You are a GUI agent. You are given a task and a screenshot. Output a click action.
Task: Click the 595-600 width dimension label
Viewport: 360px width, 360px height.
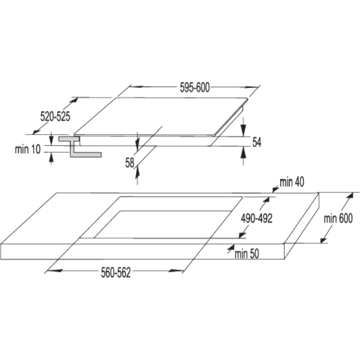click(x=195, y=88)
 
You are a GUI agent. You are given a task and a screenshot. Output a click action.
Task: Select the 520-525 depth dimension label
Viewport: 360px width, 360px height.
click(x=55, y=116)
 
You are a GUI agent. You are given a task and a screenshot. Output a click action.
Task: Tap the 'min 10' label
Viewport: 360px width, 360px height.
click(x=28, y=149)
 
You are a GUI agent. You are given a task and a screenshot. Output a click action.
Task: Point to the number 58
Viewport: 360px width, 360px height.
click(x=130, y=163)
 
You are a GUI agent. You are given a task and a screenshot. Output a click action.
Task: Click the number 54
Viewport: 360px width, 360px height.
click(x=257, y=142)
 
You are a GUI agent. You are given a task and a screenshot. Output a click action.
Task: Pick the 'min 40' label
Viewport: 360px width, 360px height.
click(x=292, y=182)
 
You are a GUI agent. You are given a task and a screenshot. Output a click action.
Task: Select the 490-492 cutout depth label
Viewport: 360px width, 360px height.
click(x=257, y=218)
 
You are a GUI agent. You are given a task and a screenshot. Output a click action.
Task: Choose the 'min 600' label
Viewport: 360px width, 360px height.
click(x=338, y=218)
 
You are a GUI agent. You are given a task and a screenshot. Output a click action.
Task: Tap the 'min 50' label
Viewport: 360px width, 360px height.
click(x=247, y=254)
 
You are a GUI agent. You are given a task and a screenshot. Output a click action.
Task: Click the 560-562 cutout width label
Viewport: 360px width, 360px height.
click(x=115, y=273)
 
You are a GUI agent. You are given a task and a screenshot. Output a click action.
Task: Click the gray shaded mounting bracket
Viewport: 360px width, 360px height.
click(x=76, y=147)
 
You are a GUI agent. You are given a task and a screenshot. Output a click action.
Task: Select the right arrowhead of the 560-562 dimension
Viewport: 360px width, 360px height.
click(x=176, y=271)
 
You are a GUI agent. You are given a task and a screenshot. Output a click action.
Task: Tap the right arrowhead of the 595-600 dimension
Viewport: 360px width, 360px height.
click(x=251, y=87)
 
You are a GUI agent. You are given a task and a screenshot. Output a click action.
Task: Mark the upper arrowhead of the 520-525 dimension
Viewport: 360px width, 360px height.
click(x=75, y=100)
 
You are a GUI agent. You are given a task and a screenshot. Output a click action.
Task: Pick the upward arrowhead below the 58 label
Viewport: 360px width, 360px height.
click(x=137, y=172)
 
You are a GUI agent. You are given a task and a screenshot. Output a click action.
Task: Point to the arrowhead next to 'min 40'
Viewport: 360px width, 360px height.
click(x=275, y=190)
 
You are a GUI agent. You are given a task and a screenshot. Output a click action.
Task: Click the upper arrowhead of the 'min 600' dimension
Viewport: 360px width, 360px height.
click(x=349, y=197)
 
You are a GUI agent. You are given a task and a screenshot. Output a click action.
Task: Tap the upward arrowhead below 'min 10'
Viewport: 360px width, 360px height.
click(x=51, y=158)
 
